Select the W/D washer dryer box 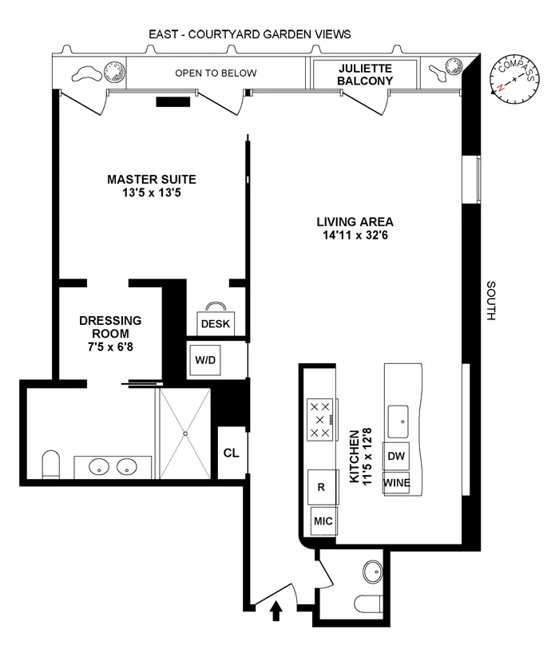[x=206, y=360]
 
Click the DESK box [x=215, y=323]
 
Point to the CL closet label [x=231, y=453]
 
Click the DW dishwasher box [x=397, y=455]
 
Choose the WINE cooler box [x=397, y=483]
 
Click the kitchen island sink [x=397, y=415]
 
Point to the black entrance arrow [x=276, y=611]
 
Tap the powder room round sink [x=371, y=572]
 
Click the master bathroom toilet [x=51, y=465]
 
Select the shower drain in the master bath [x=186, y=433]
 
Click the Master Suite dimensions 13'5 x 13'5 [x=152, y=192]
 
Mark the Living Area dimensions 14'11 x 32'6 [x=355, y=235]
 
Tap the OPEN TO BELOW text [x=216, y=73]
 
